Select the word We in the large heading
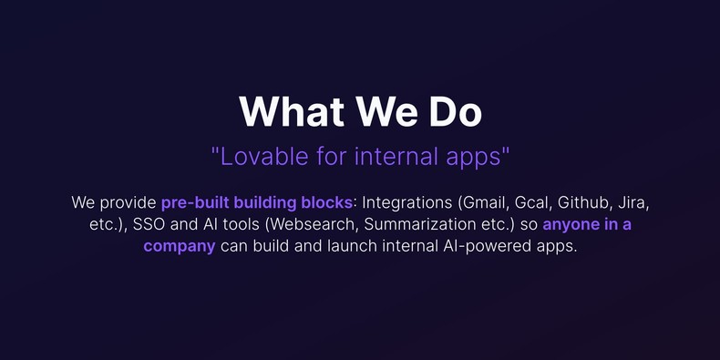point(381,111)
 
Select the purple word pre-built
point(195,201)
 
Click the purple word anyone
point(572,224)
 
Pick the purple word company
point(180,247)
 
